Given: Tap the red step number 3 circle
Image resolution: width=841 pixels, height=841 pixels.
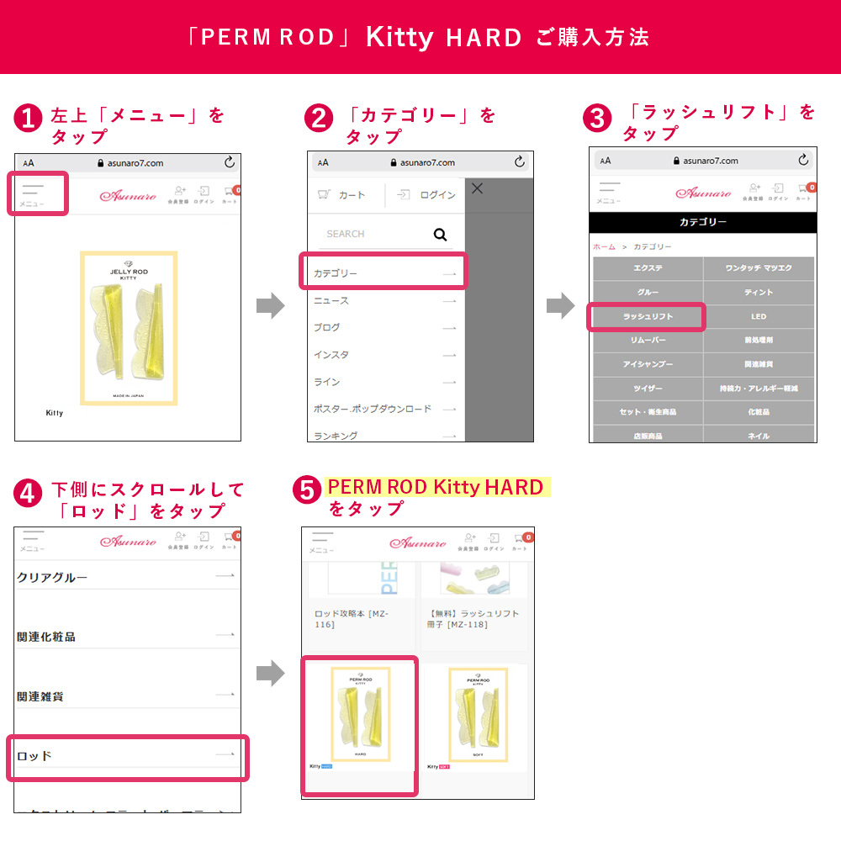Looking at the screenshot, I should click(x=597, y=119).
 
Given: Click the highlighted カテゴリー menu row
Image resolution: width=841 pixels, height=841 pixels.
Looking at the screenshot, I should click(x=383, y=272).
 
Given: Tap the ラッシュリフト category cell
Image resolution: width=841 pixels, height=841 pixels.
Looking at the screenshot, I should click(x=647, y=316).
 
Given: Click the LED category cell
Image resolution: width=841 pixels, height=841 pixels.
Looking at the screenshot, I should click(x=759, y=316).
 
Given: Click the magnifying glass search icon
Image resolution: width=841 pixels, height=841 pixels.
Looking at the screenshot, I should click(x=440, y=235).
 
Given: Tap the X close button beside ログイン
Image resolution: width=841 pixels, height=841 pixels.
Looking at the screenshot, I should click(x=477, y=189).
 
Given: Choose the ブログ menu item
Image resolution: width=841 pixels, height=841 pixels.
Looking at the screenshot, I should click(x=383, y=327).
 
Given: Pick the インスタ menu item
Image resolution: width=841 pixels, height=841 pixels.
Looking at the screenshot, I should click(x=383, y=354).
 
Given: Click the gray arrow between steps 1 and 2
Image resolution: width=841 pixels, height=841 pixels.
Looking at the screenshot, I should click(x=270, y=306).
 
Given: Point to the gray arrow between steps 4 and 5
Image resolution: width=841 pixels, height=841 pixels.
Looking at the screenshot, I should click(x=270, y=672).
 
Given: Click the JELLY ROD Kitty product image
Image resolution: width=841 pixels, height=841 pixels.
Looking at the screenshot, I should click(x=129, y=328).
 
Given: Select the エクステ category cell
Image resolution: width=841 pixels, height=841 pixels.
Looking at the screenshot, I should click(x=648, y=268).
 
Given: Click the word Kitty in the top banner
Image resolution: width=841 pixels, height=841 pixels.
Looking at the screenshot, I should click(x=399, y=38).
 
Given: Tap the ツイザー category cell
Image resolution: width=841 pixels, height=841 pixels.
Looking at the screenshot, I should click(x=648, y=389).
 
